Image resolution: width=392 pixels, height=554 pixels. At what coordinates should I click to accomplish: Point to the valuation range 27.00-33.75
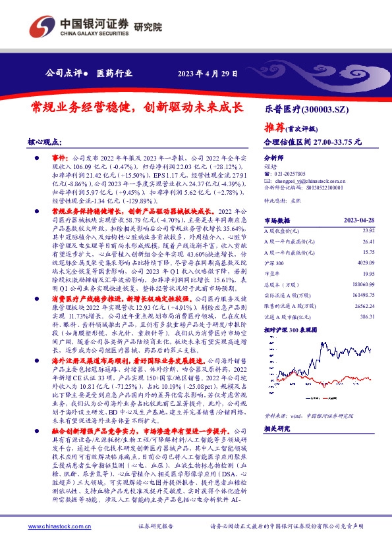(338, 141)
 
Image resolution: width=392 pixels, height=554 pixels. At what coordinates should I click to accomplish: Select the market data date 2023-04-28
(365, 220)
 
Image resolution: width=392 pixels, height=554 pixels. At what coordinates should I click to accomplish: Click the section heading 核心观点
(45, 142)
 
